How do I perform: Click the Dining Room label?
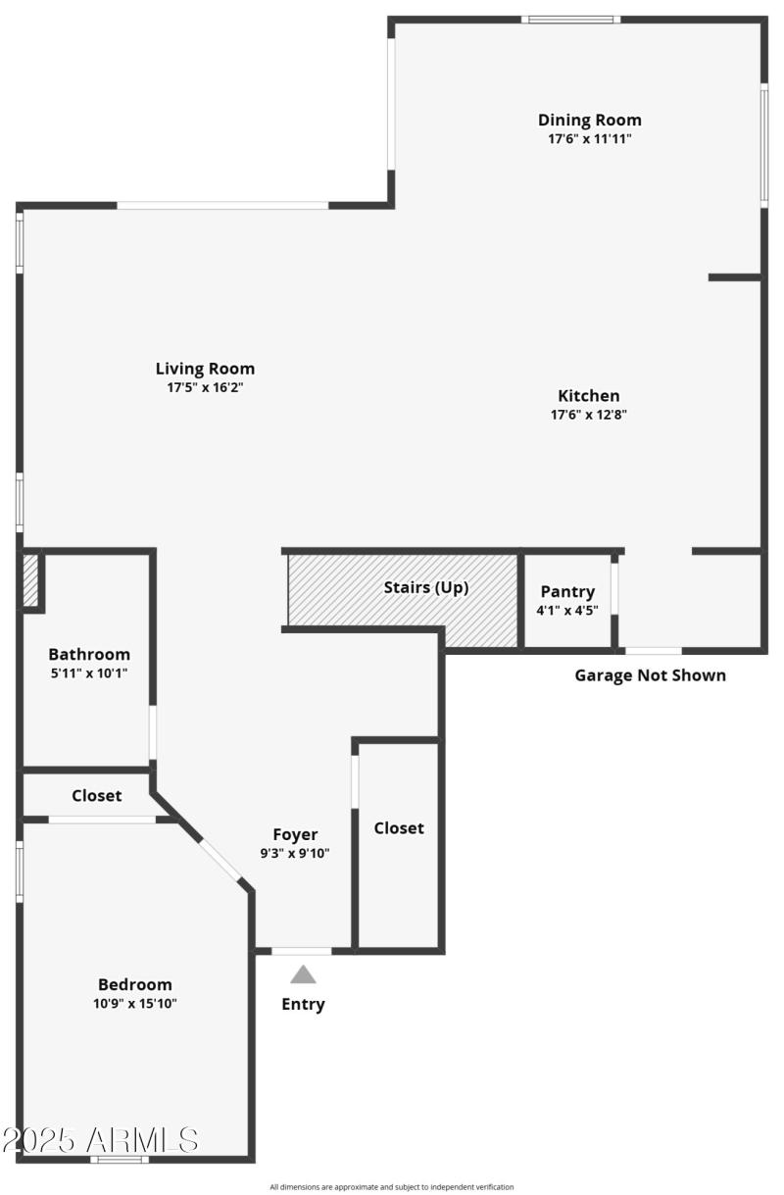tap(589, 120)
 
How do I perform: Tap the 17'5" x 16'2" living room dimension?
tap(205, 388)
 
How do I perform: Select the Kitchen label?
tap(588, 396)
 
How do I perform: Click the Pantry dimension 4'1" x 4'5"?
tap(567, 611)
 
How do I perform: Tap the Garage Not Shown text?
tap(650, 675)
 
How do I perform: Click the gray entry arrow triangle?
tap(304, 974)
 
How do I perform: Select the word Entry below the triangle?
tap(303, 1004)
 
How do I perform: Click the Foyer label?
tap(295, 834)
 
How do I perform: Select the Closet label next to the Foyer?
tap(399, 828)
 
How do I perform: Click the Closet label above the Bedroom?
tap(97, 796)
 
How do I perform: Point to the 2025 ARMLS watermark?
tap(100, 1139)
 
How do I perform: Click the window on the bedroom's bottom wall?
tap(120, 1159)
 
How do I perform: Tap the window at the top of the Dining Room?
tap(570, 19)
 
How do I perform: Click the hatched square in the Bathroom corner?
tap(30, 580)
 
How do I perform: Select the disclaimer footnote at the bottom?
tap(392, 1187)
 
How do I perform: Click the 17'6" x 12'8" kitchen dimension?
tap(588, 415)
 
